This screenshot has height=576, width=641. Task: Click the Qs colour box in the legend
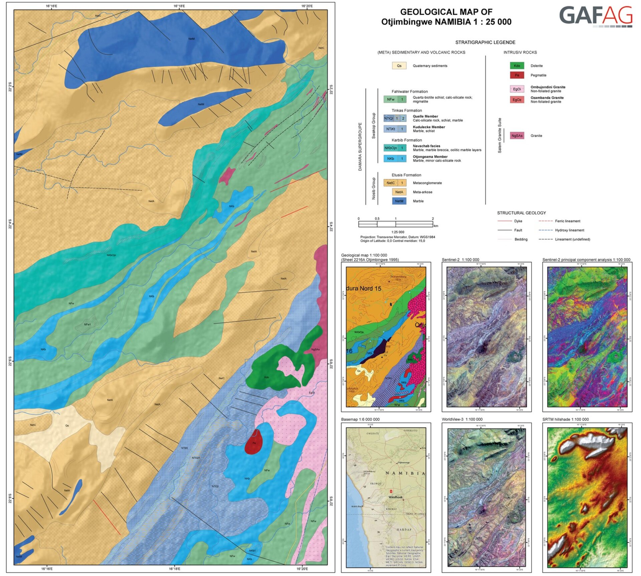(399, 66)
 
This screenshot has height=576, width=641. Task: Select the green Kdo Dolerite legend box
(516, 66)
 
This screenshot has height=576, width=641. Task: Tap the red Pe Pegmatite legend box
(516, 75)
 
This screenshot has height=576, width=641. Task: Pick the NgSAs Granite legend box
(516, 136)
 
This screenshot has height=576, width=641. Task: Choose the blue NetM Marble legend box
(399, 201)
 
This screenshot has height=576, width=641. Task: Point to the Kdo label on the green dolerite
(266, 378)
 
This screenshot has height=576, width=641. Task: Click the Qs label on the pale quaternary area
(67, 426)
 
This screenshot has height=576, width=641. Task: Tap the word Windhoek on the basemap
(395, 497)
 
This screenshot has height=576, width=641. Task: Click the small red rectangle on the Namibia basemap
(391, 491)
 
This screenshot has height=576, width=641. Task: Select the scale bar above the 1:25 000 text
(395, 224)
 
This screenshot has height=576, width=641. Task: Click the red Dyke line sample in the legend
(504, 221)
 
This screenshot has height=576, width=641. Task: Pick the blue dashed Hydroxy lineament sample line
(546, 230)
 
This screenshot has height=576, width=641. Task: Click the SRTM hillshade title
(565, 419)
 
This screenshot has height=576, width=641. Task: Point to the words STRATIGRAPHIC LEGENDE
(485, 42)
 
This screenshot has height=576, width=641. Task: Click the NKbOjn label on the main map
(111, 255)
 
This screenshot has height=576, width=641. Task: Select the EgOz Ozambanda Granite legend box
(516, 100)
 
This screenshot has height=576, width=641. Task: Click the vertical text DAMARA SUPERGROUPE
(360, 147)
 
